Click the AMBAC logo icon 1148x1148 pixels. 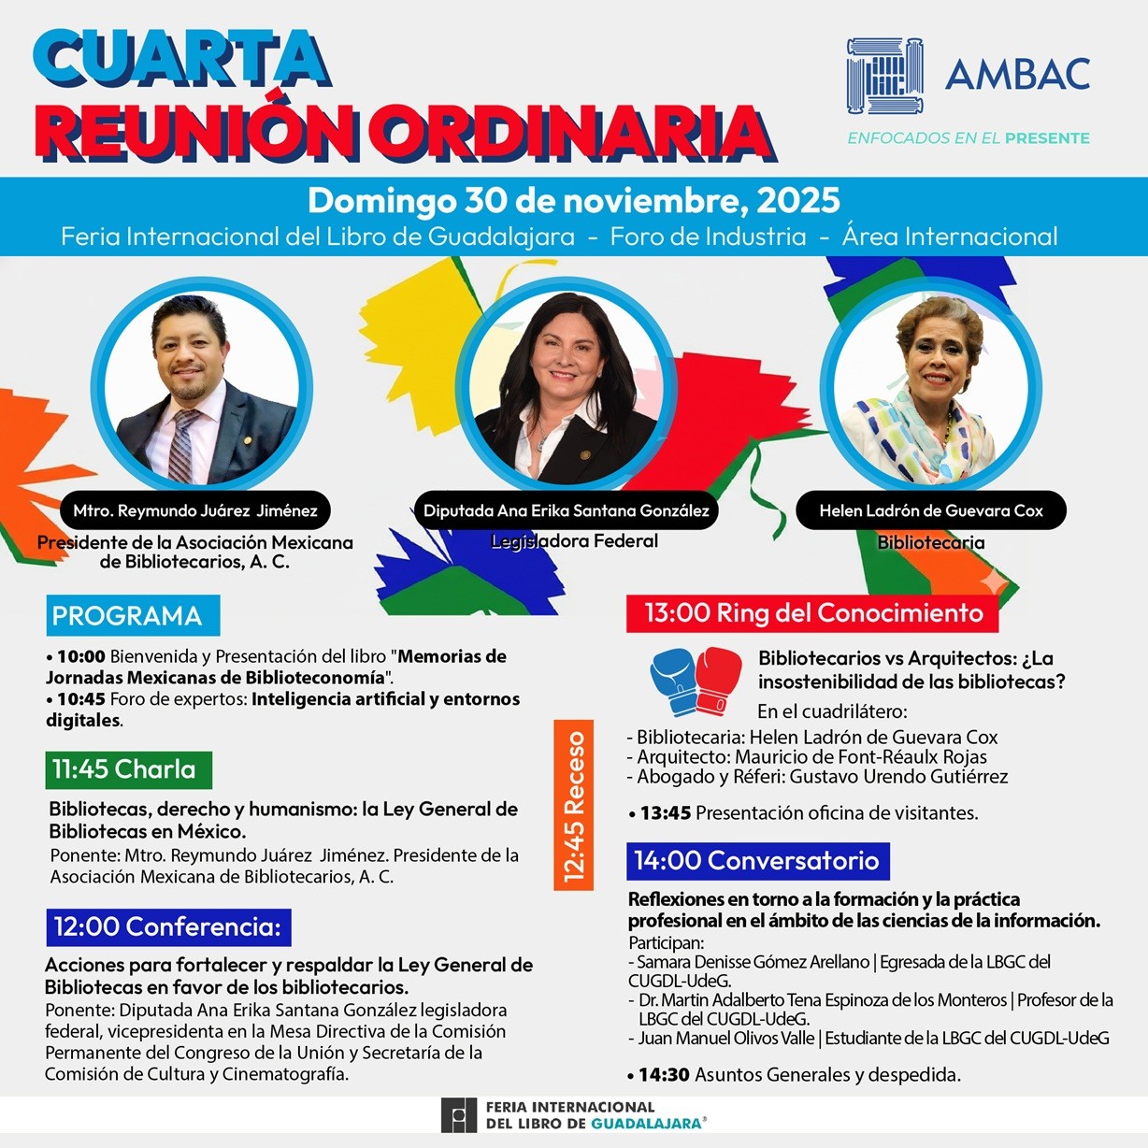point(884,76)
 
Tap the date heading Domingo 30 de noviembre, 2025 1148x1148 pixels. point(573,200)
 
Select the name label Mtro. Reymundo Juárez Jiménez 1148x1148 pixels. point(195,510)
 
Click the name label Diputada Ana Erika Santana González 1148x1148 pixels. point(566,510)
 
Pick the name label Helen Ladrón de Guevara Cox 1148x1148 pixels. point(930,510)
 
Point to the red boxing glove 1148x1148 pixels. point(718,678)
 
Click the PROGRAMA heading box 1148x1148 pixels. point(132,615)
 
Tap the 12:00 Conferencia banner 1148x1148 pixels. point(168,926)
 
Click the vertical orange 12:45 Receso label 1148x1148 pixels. point(573,807)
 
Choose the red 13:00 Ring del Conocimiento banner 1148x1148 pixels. point(812,613)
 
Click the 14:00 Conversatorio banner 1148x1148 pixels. point(757,861)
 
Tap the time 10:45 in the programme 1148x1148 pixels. point(81,699)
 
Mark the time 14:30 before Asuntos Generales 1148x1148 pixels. point(664,1075)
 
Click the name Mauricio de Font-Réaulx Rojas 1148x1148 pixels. point(860,756)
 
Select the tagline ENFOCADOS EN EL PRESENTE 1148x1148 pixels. point(968,138)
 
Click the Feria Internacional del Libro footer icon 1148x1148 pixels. point(459,1115)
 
